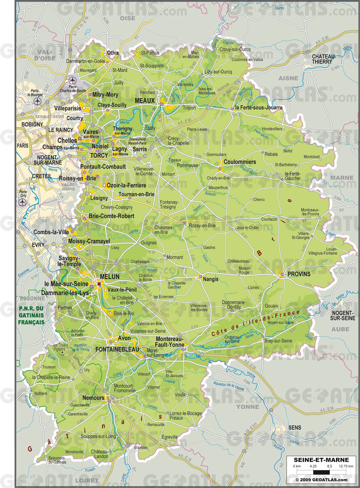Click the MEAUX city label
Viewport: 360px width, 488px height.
145,100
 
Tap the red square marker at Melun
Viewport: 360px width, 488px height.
99,284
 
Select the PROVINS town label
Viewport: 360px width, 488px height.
299,274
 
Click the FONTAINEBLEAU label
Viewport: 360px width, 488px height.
117,349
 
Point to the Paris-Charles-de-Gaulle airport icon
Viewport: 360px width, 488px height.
72,80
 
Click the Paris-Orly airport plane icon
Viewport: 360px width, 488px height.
23,202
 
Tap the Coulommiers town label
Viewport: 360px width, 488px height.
240,162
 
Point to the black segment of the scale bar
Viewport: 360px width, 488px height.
321,472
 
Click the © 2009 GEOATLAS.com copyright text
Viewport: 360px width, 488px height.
321,480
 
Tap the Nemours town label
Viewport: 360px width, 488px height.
93,398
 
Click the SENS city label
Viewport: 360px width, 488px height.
295,427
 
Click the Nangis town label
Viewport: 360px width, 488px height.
210,279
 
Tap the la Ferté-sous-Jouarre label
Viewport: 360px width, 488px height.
259,108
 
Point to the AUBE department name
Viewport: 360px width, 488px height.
340,329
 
